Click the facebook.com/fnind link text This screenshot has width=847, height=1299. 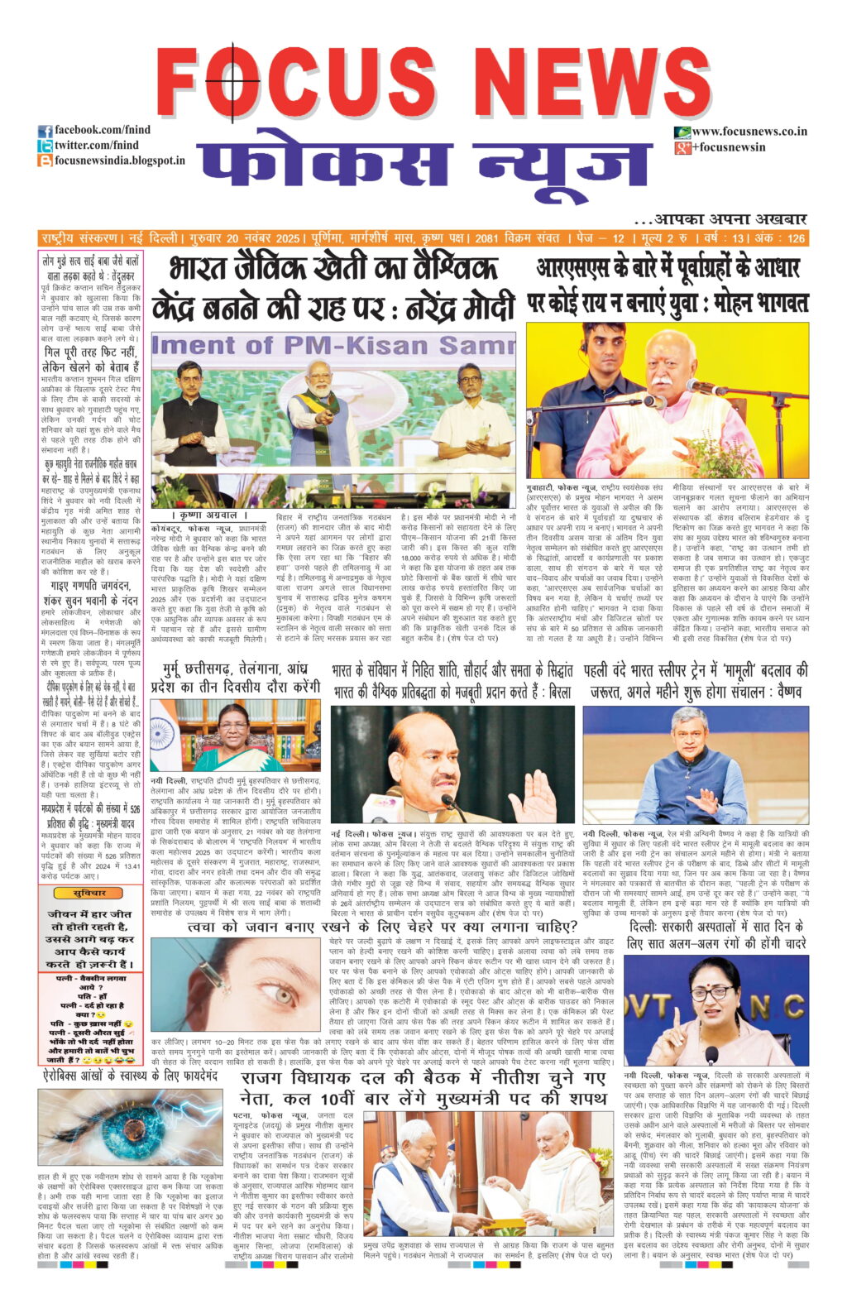(x=103, y=130)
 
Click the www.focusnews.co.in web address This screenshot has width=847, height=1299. (x=749, y=132)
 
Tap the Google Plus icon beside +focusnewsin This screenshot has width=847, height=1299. (x=682, y=147)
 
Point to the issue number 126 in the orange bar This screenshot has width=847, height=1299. (x=795, y=238)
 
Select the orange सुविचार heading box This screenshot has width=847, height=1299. (x=89, y=893)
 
